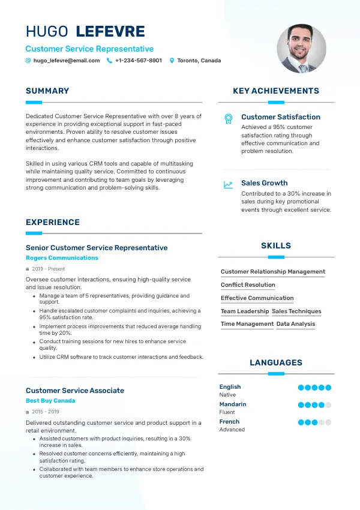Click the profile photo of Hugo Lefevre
(301, 49)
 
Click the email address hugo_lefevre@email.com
(67, 61)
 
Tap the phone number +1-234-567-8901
(139, 61)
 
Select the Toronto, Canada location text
(199, 61)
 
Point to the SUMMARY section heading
(47, 91)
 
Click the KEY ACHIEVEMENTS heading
(276, 91)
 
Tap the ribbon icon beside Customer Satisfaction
(228, 118)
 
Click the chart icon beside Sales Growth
(228, 185)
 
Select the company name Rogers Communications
(62, 258)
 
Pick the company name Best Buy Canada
(50, 401)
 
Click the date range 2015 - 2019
(46, 412)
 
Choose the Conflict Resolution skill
(248, 285)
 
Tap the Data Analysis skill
(296, 324)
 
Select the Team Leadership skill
(245, 311)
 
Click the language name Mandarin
(233, 404)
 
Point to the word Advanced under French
(232, 430)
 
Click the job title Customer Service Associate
(75, 391)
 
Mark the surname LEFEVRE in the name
(111, 32)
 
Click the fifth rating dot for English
(328, 388)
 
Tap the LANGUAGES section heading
(276, 363)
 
